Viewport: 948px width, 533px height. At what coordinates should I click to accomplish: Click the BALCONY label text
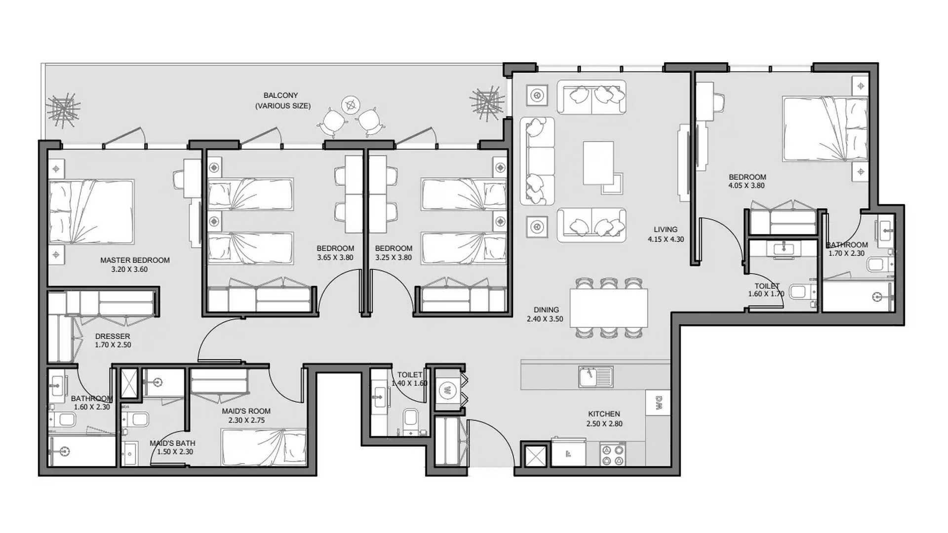[280, 95]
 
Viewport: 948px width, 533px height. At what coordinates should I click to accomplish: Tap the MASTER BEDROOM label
[135, 260]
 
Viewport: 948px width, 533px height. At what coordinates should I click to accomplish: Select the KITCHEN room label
[604, 414]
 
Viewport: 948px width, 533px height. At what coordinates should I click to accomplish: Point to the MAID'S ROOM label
[246, 411]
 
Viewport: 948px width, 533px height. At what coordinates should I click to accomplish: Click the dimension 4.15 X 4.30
[666, 239]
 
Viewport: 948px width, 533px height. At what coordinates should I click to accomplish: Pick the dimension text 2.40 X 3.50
[545, 319]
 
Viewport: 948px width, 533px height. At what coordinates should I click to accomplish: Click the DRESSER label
[113, 337]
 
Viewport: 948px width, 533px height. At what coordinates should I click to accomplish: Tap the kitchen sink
[596, 377]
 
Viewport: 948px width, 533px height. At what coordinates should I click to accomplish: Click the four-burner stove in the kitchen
[613, 455]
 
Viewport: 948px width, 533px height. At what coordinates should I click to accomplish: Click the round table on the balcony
[351, 105]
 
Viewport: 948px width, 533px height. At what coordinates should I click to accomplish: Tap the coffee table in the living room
[598, 163]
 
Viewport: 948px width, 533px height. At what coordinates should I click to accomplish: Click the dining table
[608, 308]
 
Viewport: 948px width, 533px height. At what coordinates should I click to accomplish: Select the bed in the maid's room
[263, 447]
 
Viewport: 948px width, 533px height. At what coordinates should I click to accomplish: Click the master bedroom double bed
[91, 212]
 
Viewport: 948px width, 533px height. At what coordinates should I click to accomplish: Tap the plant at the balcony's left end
[63, 108]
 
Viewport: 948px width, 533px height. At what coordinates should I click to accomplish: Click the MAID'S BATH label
[172, 443]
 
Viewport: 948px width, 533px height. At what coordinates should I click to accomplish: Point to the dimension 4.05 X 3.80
[747, 186]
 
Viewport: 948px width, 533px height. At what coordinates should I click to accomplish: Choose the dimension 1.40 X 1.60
[409, 383]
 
